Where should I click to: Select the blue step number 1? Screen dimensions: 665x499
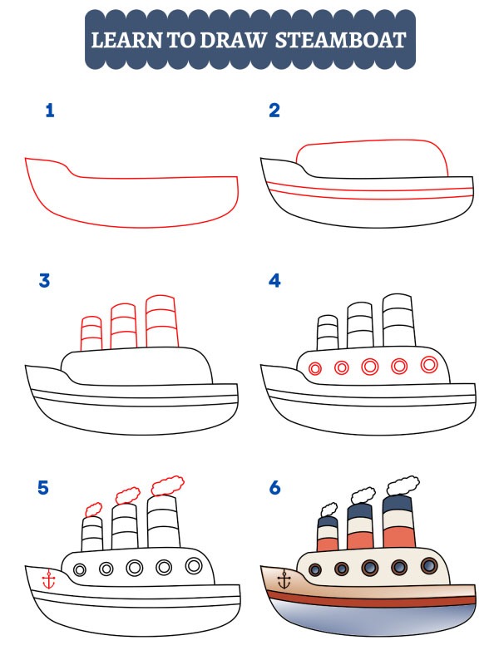point(50,111)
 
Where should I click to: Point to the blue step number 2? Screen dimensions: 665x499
point(274,111)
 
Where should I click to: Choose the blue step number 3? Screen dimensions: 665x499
point(45,281)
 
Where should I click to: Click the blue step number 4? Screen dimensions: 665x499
point(274,281)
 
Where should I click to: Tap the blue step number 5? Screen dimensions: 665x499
point(44,488)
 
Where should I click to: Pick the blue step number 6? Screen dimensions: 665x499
point(274,488)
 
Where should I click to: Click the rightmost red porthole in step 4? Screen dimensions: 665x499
point(429,364)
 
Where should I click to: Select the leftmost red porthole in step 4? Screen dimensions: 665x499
point(315,368)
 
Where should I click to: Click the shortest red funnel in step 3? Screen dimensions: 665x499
point(91,333)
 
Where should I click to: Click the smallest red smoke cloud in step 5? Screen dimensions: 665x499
point(94,508)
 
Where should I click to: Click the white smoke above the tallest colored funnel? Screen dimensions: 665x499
point(403,484)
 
